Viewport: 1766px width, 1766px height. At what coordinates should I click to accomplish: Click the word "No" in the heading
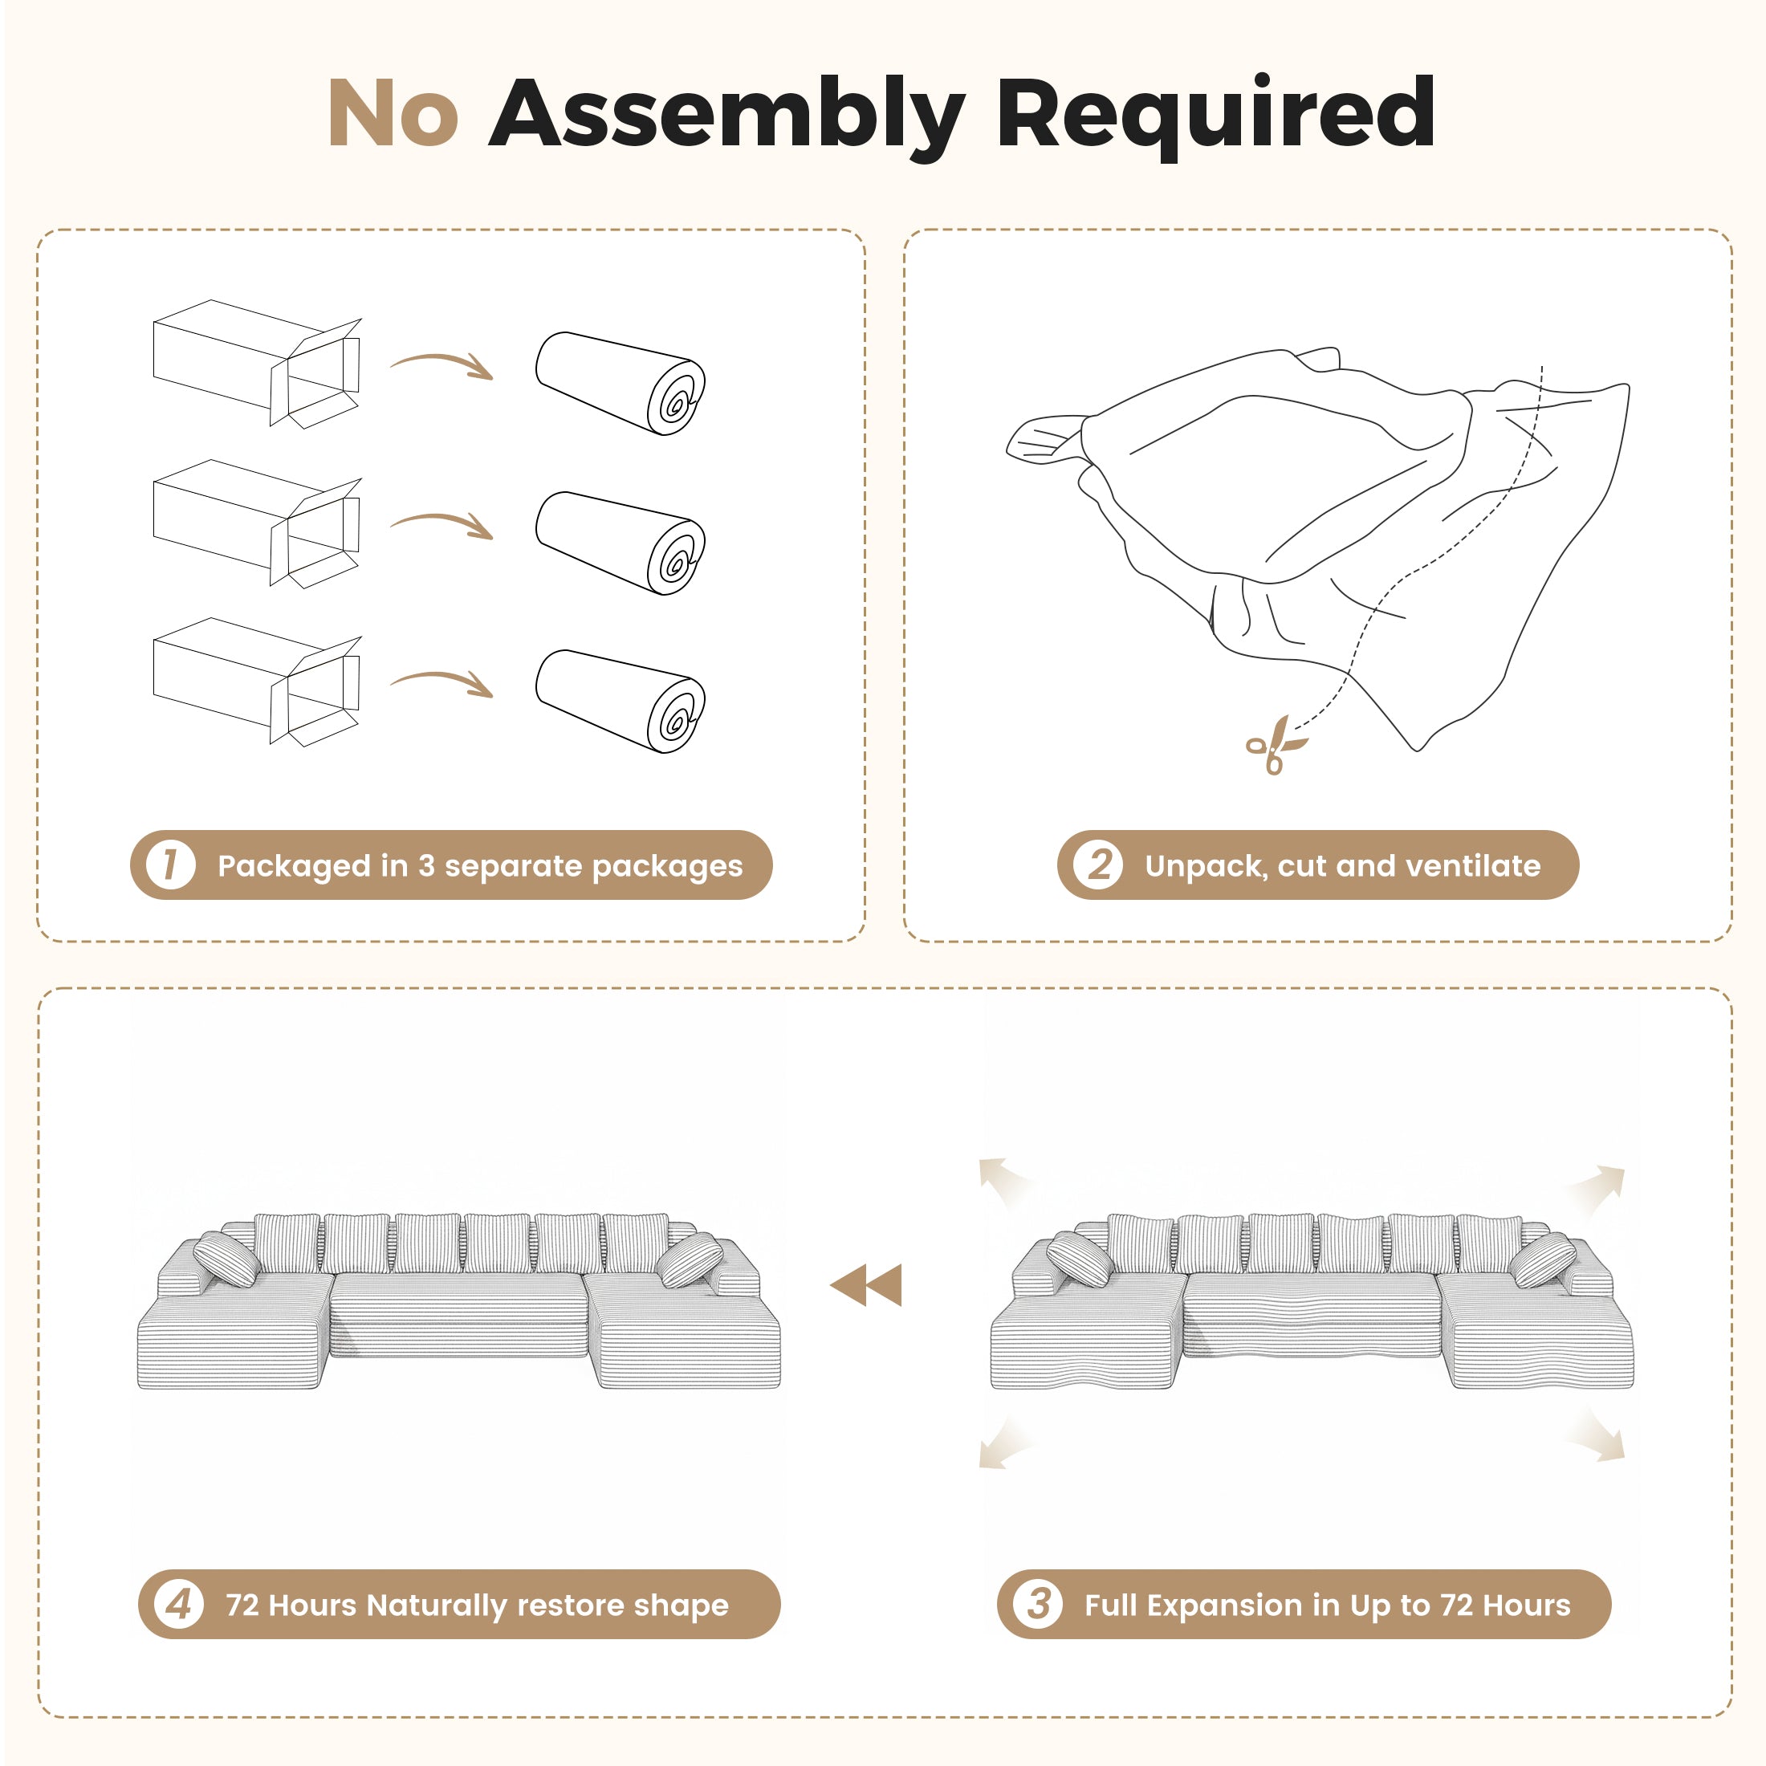coord(393,112)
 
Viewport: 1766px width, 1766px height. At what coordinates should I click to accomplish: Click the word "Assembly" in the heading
coord(727,117)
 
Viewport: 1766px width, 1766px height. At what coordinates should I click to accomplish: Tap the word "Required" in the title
coord(1215,115)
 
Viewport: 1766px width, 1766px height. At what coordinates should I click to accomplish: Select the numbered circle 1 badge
coord(171,865)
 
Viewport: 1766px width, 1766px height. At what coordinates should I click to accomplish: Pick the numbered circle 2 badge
coord(1098,865)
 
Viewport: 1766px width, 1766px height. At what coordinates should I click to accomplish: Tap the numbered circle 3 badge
coord(1037,1604)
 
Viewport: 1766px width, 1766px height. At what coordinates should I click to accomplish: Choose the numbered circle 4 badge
coord(179,1604)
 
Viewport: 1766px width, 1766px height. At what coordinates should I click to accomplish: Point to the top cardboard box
coord(258,363)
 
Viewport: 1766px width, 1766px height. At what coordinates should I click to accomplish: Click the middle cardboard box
coord(258,523)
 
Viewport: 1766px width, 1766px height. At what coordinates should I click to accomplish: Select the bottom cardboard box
coord(258,682)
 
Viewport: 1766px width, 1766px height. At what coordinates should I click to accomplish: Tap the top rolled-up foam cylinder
coord(621,383)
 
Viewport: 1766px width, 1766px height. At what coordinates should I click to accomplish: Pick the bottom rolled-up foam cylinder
coord(621,701)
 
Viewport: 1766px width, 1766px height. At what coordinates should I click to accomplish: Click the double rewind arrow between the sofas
coord(865,1284)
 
